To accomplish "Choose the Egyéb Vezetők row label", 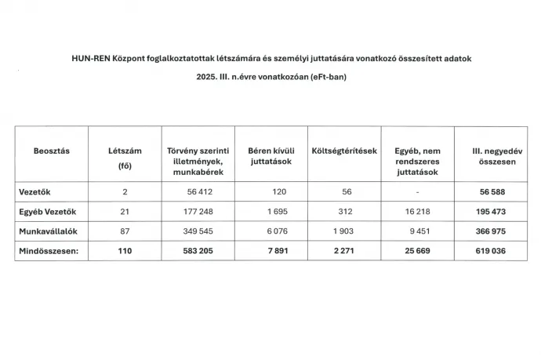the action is pos(45,212).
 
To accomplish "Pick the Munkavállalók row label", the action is pos(46,232).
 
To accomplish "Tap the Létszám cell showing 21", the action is pos(124,212).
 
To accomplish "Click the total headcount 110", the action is pos(124,251).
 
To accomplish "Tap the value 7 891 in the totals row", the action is pos(266,251).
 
